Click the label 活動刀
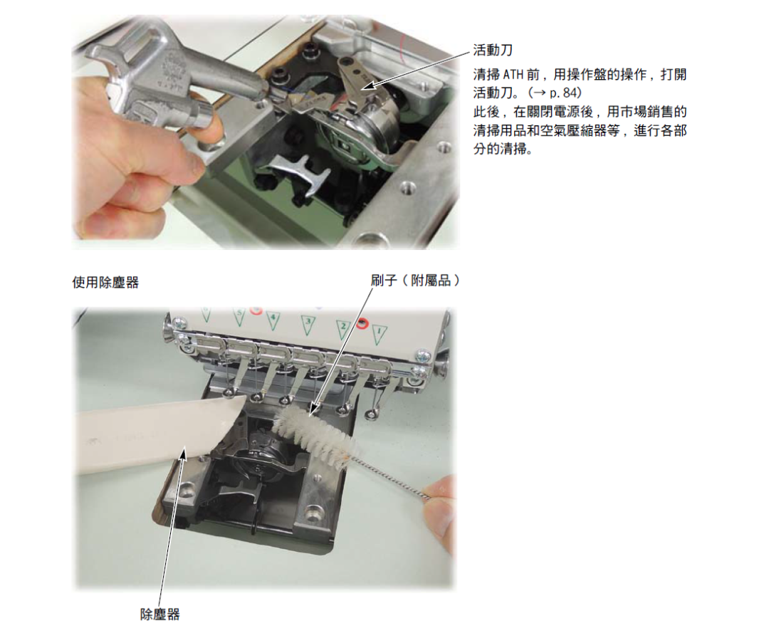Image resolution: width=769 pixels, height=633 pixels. [493, 50]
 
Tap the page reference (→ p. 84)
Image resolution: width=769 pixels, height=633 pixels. [555, 93]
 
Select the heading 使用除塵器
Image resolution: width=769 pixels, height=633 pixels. [105, 283]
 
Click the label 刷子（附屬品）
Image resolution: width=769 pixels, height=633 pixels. [415, 281]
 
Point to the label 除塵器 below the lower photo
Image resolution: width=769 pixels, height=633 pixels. [160, 614]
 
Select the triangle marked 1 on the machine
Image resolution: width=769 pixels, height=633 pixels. [379, 335]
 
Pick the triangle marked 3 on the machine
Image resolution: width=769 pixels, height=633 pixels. [308, 325]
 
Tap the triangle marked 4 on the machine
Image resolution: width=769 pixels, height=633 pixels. [273, 320]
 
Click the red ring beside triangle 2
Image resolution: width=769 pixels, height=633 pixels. [362, 324]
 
